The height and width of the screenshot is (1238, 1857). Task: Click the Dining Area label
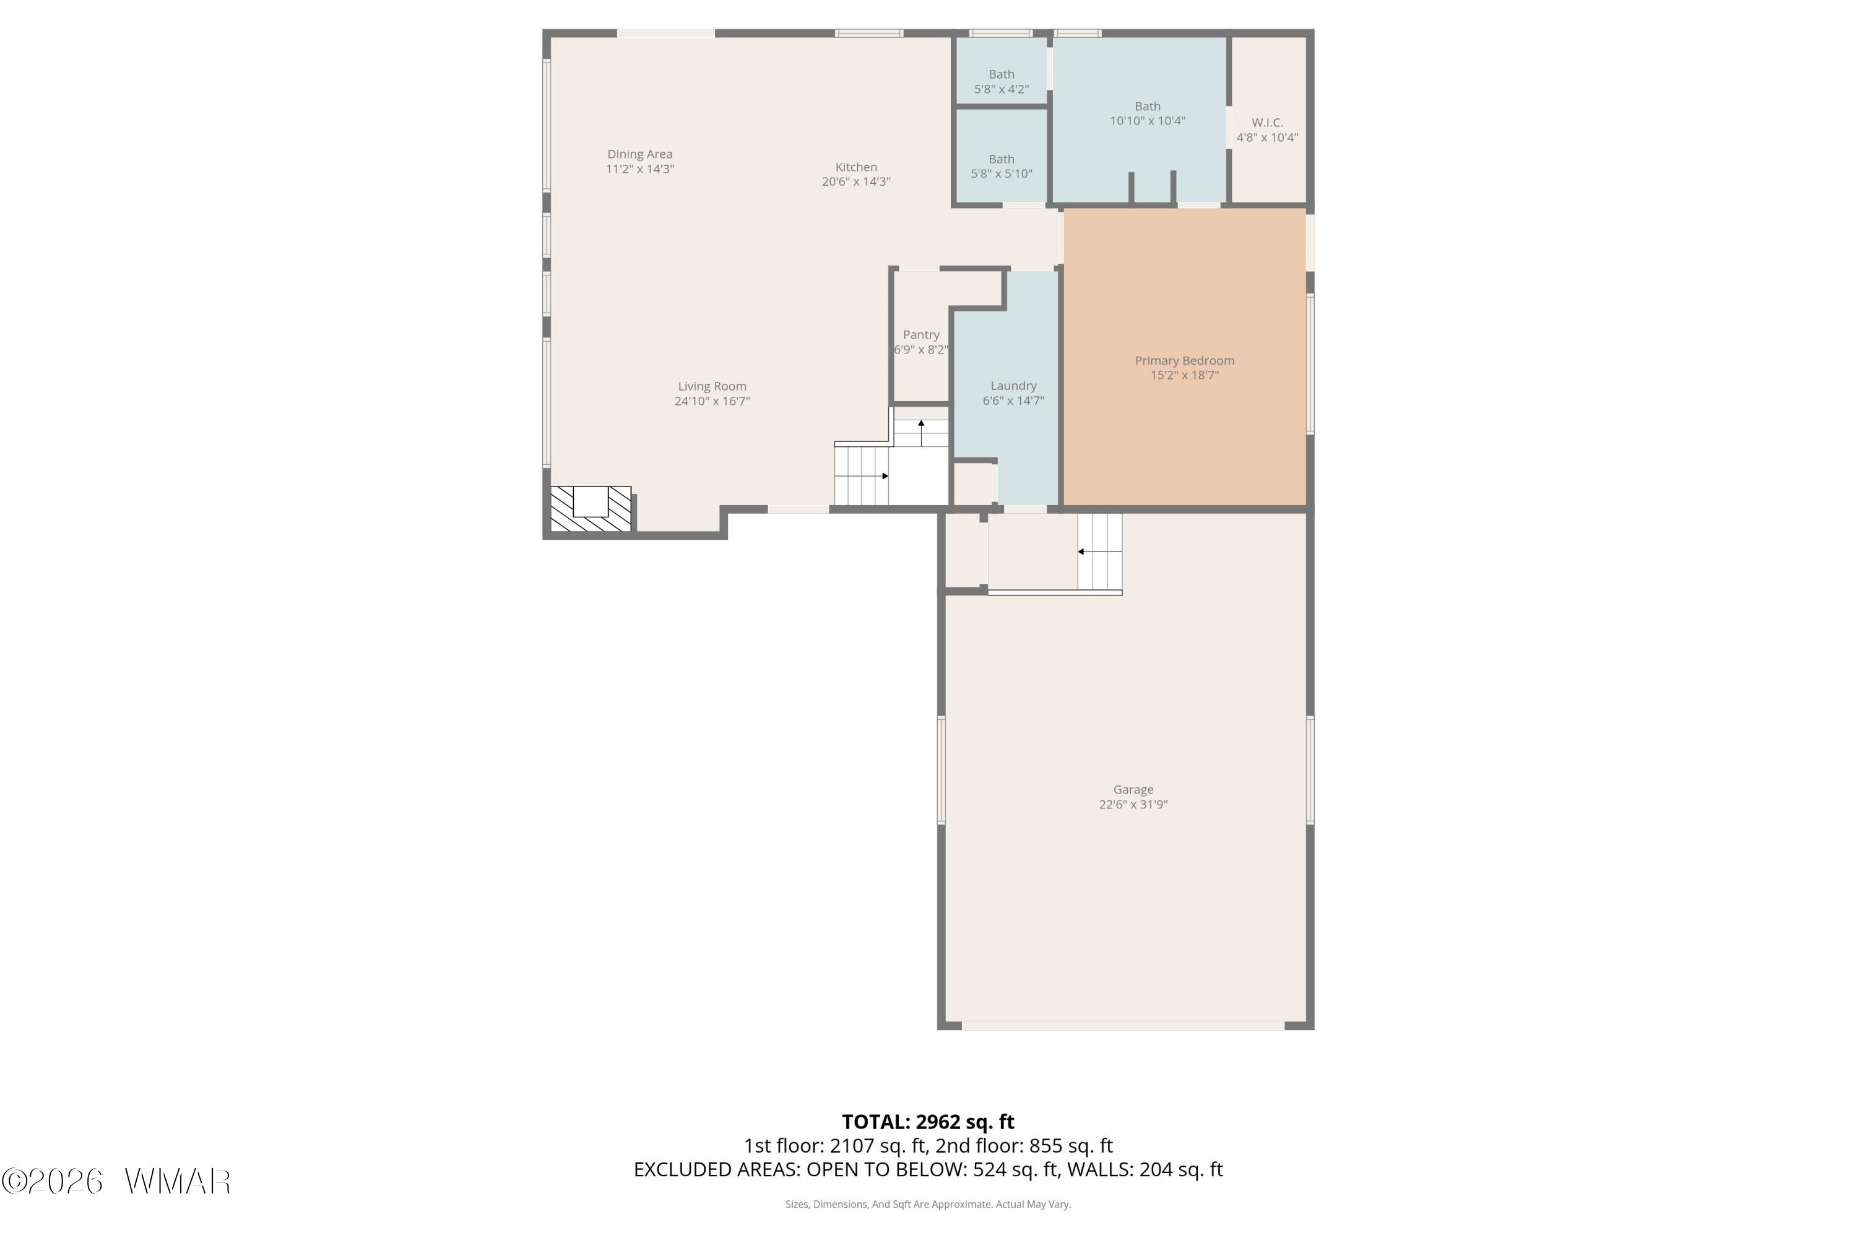click(639, 154)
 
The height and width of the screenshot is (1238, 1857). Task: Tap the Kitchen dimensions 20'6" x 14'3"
click(856, 181)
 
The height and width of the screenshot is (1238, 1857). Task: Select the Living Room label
click(712, 386)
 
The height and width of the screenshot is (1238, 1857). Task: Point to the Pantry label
click(922, 335)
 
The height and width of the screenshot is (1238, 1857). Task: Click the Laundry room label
click(1014, 386)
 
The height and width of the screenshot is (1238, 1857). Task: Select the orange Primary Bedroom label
click(1184, 361)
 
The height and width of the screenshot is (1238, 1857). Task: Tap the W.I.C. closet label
click(1267, 123)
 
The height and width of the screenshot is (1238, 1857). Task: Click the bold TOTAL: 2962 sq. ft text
click(928, 1122)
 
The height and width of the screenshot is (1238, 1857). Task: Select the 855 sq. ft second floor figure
click(1071, 1146)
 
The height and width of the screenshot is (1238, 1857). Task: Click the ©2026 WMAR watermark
click(116, 1182)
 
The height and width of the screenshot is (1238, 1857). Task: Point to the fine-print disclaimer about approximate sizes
click(928, 1204)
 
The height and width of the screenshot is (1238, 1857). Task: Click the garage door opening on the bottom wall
click(1123, 1026)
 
